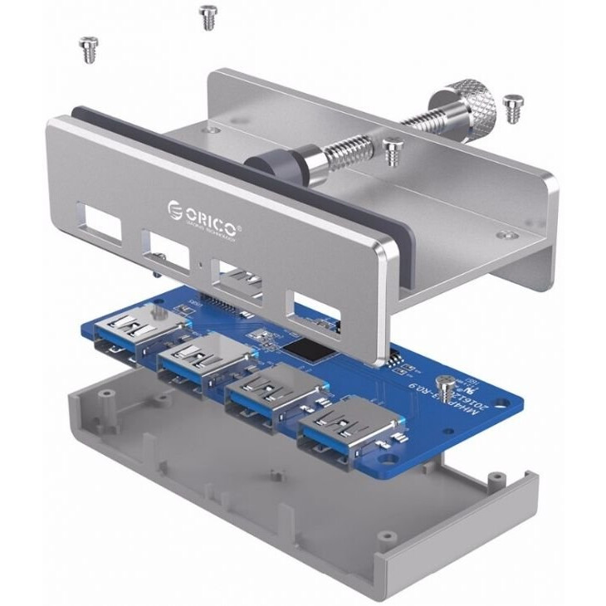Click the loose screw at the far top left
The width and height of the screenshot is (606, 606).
coord(87,49)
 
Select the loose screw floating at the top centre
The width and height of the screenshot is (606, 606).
coord(208,17)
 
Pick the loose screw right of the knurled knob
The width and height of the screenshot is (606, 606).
coord(513,105)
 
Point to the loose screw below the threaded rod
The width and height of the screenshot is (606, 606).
coord(393,151)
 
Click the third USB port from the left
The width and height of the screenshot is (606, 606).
coord(273,391)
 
